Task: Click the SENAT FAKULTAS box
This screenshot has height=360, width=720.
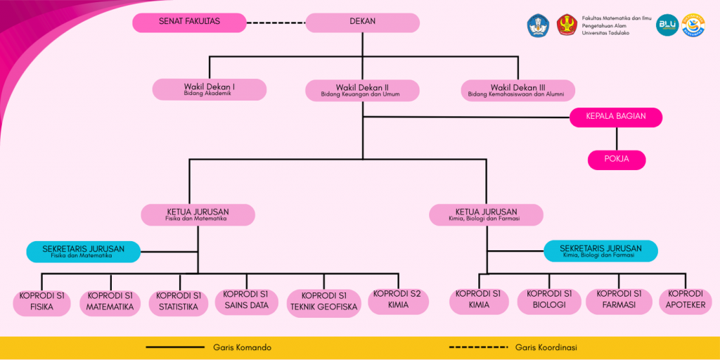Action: click(189, 22)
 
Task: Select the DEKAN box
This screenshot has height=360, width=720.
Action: click(362, 22)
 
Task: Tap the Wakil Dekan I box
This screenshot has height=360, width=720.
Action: click(210, 89)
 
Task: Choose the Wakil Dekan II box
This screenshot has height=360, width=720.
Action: click(362, 90)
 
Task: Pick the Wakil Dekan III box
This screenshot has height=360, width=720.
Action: click(517, 90)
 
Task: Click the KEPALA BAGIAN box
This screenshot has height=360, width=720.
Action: click(616, 117)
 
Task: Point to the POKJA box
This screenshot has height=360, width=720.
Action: click(616, 160)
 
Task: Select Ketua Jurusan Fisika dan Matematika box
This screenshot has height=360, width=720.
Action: click(198, 214)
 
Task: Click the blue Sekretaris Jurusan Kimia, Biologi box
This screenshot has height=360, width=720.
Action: click(600, 251)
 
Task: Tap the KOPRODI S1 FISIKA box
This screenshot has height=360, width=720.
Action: click(41, 302)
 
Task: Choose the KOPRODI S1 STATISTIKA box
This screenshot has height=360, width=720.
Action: click(178, 302)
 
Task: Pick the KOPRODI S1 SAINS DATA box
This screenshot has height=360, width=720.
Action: click(246, 300)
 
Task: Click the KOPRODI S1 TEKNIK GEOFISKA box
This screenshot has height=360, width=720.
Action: click(324, 302)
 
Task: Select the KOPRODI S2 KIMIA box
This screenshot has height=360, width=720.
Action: click(397, 300)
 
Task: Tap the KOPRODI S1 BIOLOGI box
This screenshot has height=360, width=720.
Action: click(548, 300)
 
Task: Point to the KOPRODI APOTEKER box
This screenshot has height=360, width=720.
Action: click(686, 300)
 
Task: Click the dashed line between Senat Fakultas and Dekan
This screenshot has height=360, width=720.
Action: click(276, 22)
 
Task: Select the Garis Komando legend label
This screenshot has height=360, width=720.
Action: click(242, 347)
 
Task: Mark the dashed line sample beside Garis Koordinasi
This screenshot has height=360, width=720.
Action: click(477, 347)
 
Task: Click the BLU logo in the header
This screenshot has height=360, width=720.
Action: click(666, 25)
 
